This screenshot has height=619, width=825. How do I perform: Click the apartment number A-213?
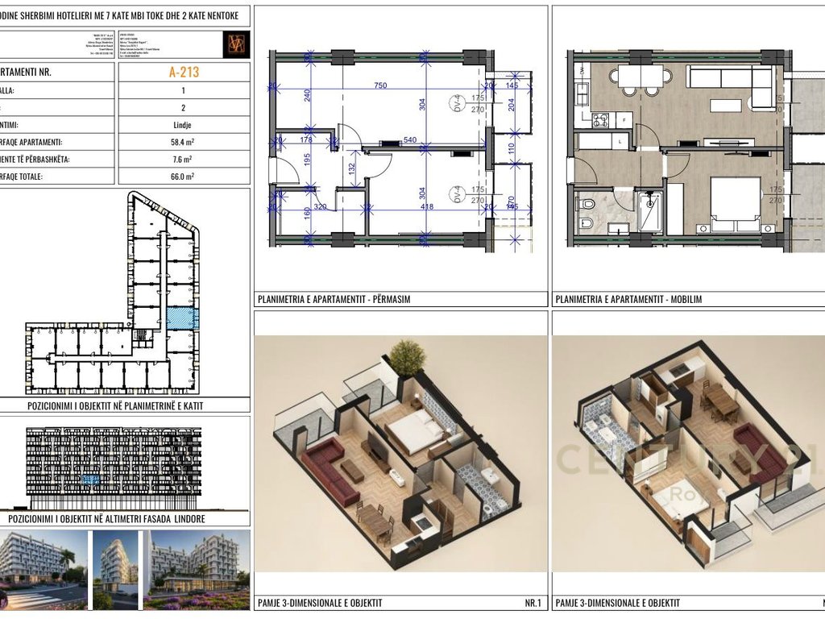[184, 72]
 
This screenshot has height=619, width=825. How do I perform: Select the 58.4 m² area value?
[184, 142]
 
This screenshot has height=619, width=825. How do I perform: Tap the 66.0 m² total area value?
[184, 176]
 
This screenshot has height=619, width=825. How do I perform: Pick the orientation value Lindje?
[184, 126]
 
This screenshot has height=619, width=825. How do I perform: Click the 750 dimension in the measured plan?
[379, 86]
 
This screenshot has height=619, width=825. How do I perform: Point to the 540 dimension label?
[409, 140]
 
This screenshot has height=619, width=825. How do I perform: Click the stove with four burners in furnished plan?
[600, 120]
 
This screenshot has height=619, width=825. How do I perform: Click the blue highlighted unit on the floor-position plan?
[182, 318]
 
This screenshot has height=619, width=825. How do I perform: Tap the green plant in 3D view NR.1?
[407, 356]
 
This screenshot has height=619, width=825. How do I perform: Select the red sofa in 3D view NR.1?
[330, 471]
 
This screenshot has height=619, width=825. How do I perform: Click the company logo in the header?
[236, 45]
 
